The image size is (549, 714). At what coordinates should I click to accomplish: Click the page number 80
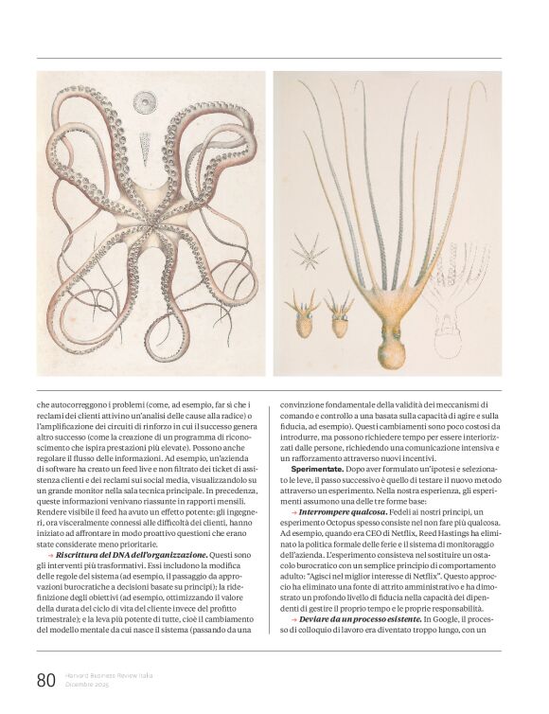46,679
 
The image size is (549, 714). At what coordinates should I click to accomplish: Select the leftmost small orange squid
302,316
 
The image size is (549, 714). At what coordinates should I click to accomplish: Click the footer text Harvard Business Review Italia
110,675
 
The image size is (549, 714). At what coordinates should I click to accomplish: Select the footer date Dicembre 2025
87,684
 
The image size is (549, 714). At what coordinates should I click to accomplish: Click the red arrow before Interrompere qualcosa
294,511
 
